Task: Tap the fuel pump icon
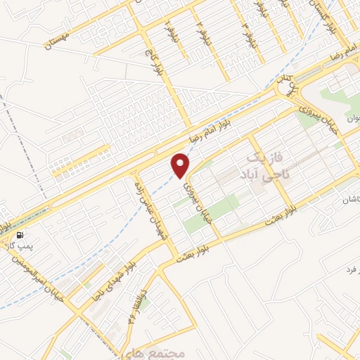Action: [19, 235]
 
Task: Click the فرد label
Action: [351, 269]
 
